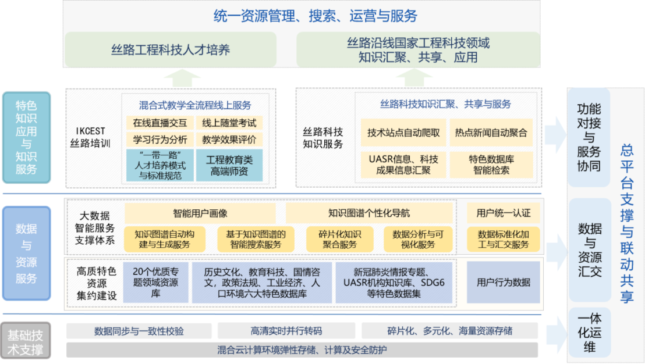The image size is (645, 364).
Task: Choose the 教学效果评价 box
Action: point(229,140)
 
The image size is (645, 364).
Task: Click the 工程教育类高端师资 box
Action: point(229,165)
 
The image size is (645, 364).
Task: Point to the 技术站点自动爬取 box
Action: point(403,133)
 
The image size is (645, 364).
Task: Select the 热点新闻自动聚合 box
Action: point(491,133)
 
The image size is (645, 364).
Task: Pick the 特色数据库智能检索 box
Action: point(491,165)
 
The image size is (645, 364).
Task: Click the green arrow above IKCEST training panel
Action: point(182,77)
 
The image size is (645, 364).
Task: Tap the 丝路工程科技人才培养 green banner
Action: point(170,50)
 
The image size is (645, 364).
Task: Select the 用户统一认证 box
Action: point(504,213)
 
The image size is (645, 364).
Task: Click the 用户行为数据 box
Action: point(503,283)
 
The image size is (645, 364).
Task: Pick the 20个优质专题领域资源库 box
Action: point(155,283)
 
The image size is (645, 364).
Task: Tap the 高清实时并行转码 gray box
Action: point(286,331)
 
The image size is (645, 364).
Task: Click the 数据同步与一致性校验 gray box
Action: point(139,331)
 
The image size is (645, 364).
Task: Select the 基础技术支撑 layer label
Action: point(24,342)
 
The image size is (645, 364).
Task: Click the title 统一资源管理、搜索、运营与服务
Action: point(315,16)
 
